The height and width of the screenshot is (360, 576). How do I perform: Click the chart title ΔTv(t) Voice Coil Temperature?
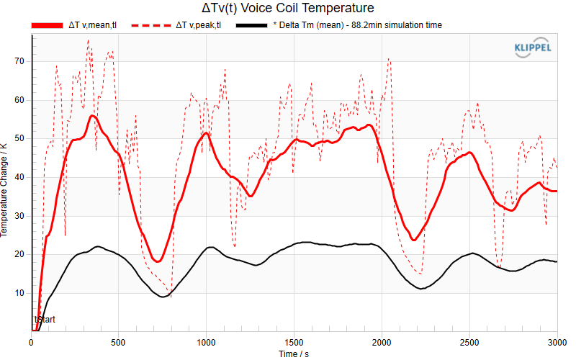287,8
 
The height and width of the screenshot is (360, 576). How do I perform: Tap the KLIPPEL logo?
533,48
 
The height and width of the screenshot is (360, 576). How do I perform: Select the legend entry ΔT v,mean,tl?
74,25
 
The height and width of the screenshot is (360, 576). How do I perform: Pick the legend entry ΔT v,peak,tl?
176,25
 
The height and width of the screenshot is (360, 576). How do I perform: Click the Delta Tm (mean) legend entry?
338,25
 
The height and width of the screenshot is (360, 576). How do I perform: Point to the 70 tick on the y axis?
19,61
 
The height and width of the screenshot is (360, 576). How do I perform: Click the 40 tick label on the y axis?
19,177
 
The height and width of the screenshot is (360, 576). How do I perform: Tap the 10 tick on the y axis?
19,293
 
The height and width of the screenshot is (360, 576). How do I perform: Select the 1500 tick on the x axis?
294,343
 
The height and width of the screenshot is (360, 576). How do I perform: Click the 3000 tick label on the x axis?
557,343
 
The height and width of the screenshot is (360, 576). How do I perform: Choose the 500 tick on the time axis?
118,343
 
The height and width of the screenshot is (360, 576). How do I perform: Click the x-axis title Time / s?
294,354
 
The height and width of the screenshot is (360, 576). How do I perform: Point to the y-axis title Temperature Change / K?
4,190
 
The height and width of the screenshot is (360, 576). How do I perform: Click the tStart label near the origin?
45,320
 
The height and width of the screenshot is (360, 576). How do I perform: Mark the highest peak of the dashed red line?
88,40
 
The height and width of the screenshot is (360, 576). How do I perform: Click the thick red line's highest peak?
92,116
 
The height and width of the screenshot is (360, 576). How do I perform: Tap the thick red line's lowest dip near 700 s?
157,261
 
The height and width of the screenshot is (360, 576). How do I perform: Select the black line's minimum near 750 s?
163,297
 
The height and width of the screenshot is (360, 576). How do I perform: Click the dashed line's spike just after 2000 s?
389,59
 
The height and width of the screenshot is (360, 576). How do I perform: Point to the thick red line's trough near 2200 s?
414,240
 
